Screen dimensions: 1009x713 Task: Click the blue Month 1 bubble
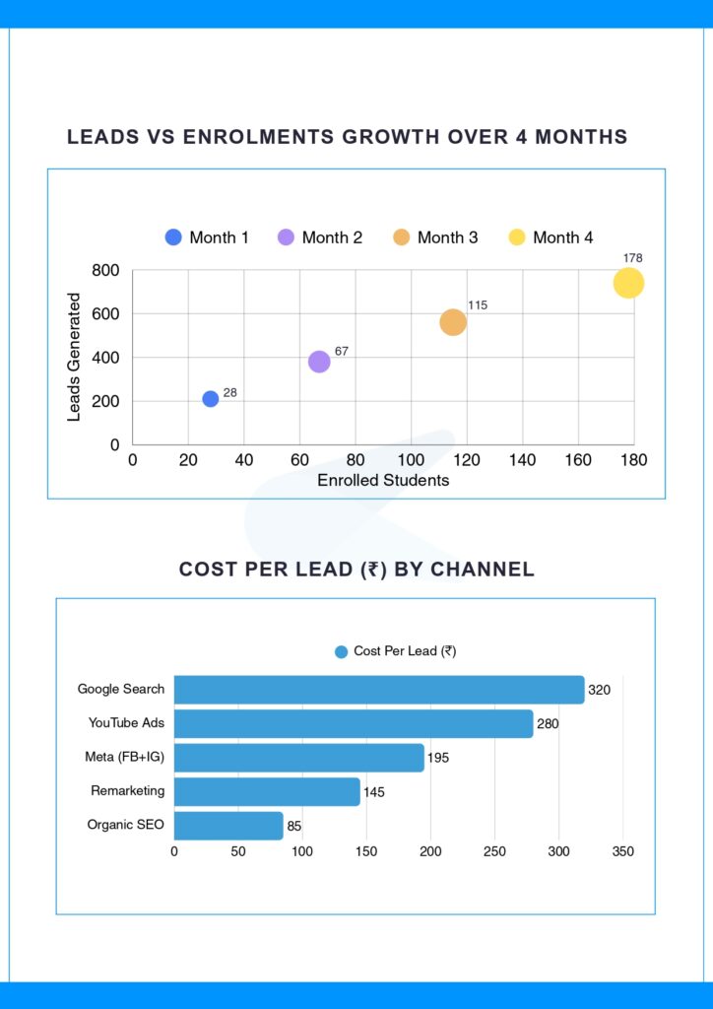pyautogui.click(x=211, y=399)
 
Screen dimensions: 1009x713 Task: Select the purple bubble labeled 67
pyautogui.click(x=319, y=362)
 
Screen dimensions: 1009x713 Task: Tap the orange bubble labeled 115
pyautogui.click(x=452, y=322)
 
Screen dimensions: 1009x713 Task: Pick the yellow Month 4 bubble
pyautogui.click(x=628, y=284)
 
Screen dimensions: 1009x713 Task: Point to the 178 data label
pyautogui.click(x=632, y=258)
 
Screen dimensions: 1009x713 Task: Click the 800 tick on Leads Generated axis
pyautogui.click(x=105, y=271)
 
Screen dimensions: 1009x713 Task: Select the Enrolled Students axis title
pyautogui.click(x=383, y=481)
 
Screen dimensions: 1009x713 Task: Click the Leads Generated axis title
pyautogui.click(x=74, y=357)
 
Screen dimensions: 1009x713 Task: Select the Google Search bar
pyautogui.click(x=379, y=690)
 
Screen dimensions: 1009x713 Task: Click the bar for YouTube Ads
pyautogui.click(x=354, y=723)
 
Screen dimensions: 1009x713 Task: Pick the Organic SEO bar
pyautogui.click(x=228, y=825)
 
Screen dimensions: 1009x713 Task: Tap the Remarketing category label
pyautogui.click(x=128, y=791)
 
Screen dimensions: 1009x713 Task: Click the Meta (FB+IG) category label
pyautogui.click(x=125, y=757)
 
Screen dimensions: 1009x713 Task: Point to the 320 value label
pyautogui.click(x=599, y=690)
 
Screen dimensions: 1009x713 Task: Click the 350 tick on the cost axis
pyautogui.click(x=622, y=851)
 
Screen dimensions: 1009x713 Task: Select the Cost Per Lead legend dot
pyautogui.click(x=342, y=651)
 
